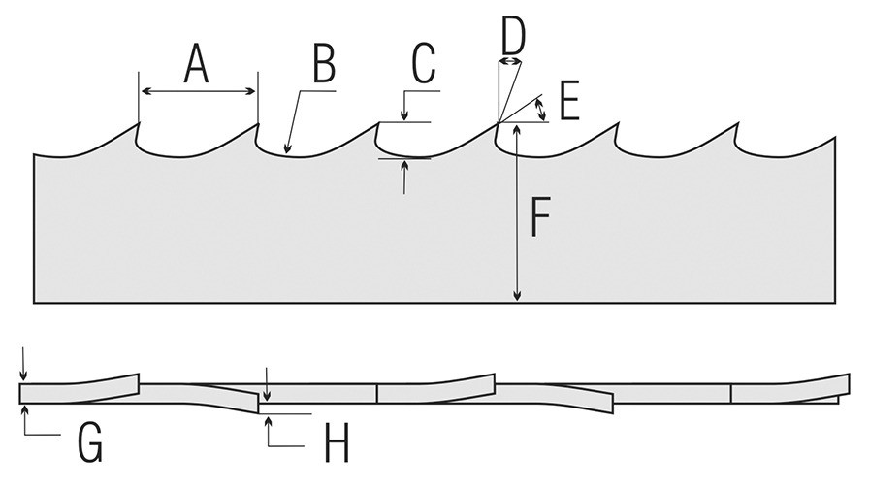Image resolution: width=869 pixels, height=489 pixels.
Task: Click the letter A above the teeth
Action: [x=196, y=64]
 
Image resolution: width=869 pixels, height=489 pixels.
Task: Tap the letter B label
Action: [x=324, y=64]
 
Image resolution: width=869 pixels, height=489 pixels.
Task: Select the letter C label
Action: [x=424, y=64]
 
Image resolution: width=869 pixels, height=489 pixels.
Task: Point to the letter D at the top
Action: [x=513, y=34]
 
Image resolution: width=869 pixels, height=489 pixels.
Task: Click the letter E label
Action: [x=569, y=101]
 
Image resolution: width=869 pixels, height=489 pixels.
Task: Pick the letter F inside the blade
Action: [x=540, y=216]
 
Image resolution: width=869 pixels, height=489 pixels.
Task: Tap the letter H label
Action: [x=337, y=442]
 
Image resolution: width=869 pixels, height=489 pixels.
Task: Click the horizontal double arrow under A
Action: [x=198, y=91]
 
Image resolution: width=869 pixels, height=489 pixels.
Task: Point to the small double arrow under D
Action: [x=510, y=60]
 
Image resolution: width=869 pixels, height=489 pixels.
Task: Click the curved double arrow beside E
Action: [x=541, y=110]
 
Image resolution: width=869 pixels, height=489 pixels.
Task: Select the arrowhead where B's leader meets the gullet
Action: [x=286, y=147]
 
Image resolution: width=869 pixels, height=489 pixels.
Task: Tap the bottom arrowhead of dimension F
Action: [x=517, y=296]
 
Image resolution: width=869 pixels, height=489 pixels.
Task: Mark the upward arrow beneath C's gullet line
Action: [x=404, y=177]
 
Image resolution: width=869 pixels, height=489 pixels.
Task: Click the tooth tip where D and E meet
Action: [x=498, y=122]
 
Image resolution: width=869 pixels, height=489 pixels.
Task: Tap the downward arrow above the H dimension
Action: [x=267, y=383]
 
